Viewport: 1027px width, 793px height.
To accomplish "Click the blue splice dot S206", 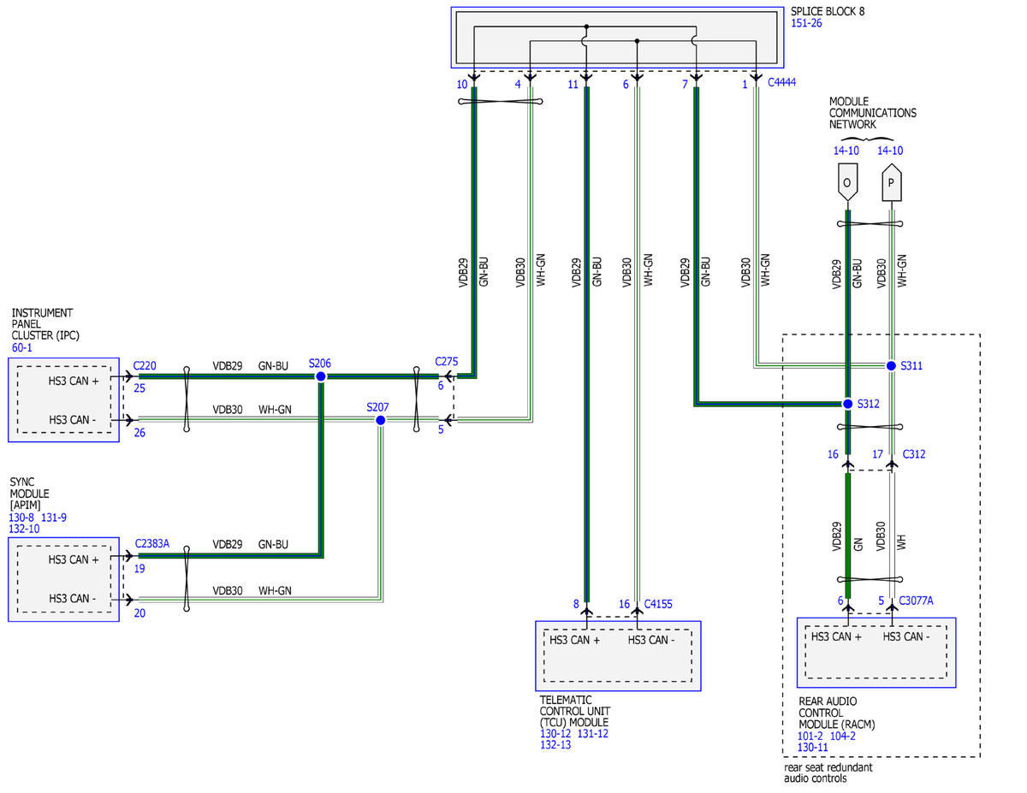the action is (x=320, y=376).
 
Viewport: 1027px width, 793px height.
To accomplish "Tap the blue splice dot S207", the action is (x=381, y=420).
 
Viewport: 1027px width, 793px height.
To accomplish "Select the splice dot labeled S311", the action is (x=891, y=365).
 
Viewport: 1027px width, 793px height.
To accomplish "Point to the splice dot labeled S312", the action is (x=848, y=404).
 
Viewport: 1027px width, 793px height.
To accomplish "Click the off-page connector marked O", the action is (x=847, y=182).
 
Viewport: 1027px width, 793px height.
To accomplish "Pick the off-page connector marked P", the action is (x=892, y=182).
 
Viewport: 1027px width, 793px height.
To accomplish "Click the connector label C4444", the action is (x=781, y=82).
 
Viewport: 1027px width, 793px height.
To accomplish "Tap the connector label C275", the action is (x=446, y=361).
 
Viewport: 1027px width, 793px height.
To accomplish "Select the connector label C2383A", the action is (x=151, y=543).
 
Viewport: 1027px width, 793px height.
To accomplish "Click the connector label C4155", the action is (x=658, y=604).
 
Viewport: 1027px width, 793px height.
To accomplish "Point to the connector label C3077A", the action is (x=916, y=601).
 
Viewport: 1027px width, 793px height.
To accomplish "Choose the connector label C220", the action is (x=145, y=365).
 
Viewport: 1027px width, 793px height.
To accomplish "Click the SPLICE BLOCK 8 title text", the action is (x=828, y=11).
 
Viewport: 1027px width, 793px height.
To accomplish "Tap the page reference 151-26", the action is (x=806, y=23).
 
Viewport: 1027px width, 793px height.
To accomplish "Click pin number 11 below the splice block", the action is (x=573, y=85).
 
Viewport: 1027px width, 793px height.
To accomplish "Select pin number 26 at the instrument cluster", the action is (x=140, y=433).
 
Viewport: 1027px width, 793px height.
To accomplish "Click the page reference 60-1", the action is (x=21, y=347).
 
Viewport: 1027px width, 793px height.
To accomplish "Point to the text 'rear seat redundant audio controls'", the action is (x=828, y=772).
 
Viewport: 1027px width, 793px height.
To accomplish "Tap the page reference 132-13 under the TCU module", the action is (x=555, y=745).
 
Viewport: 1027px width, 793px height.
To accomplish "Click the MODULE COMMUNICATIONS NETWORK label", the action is (x=872, y=113).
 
